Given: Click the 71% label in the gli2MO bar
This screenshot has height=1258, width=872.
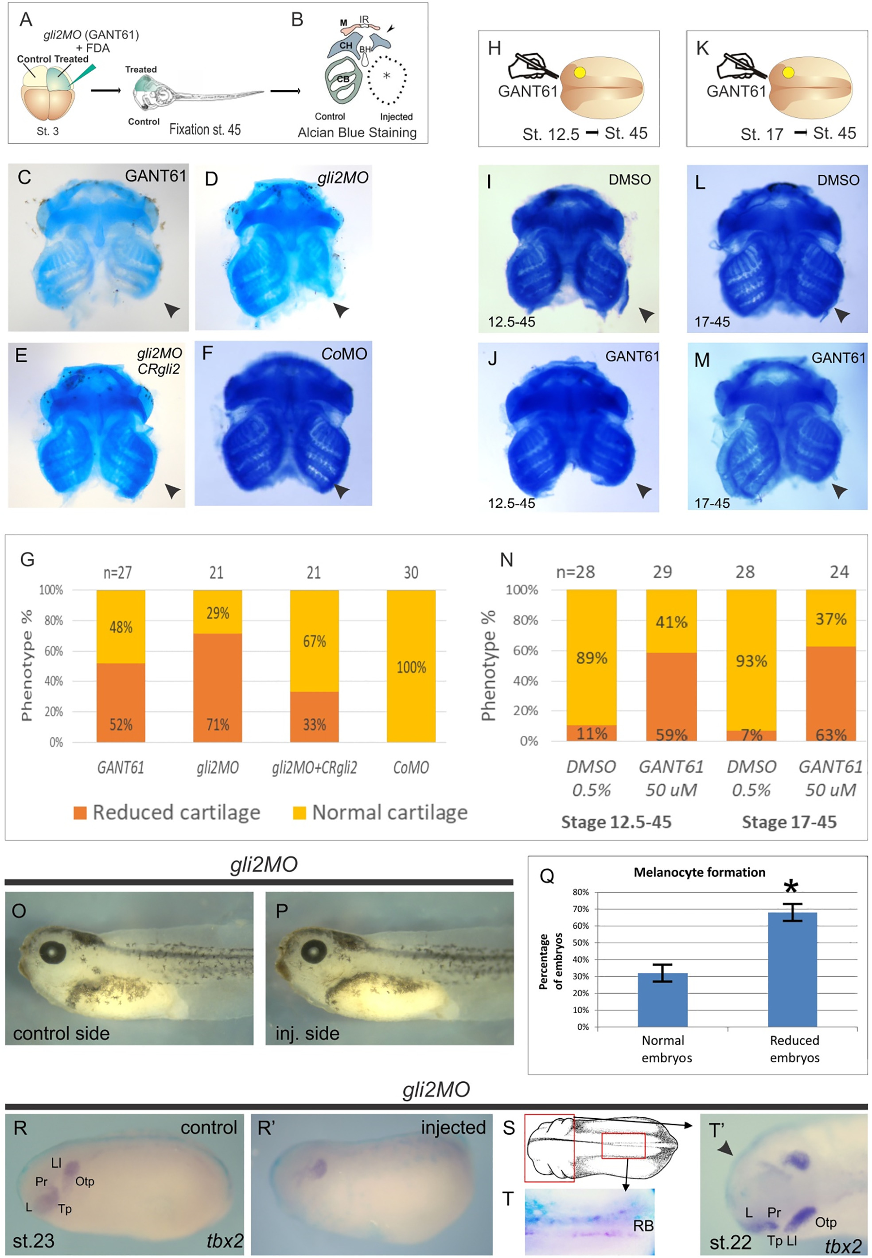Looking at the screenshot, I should pos(218,724).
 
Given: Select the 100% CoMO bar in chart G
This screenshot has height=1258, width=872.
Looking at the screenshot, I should pos(411,666).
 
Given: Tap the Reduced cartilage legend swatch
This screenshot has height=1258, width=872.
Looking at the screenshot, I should pos(80,813).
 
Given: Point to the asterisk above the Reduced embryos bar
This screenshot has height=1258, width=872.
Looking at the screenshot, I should pos(790,886).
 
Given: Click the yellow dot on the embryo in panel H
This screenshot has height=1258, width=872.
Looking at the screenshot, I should pos(580,73).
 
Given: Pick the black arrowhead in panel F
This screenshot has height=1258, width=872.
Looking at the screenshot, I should pos(342,491).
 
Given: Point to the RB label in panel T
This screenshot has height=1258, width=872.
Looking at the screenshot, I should pos(643,1226).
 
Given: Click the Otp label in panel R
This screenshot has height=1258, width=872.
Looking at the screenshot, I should pos(85,1181).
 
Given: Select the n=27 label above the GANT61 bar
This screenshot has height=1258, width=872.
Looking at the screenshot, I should pos(117,573).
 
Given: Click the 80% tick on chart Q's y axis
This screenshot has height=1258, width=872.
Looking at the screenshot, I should pos(580,892).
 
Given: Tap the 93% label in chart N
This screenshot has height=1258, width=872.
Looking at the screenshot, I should pos(751,661).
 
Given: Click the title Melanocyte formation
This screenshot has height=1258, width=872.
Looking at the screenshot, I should pos(699,872).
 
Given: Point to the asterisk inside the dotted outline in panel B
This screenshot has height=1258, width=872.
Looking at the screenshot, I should pos(387,75).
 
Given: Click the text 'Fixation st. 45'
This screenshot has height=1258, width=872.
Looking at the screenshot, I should pos(205,129).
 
